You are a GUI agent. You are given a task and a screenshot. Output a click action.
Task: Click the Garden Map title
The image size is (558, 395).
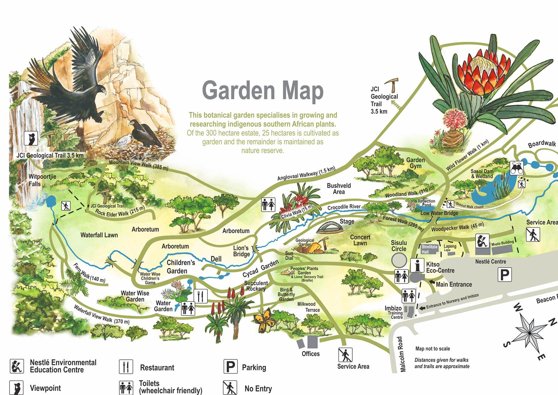pyautogui.click(x=263, y=90)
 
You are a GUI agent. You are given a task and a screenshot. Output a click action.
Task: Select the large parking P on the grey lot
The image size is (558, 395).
pyautogui.click(x=504, y=275)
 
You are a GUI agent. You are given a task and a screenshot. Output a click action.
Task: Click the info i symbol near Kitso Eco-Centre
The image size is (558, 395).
pyautogui.click(x=417, y=265)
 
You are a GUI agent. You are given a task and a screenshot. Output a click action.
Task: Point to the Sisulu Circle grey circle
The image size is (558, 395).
pyautogui.click(x=399, y=260)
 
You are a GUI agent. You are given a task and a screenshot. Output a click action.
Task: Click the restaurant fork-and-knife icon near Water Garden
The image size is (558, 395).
pyautogui.click(x=200, y=296)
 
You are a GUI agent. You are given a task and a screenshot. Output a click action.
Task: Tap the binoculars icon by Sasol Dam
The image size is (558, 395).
pyautogui.click(x=516, y=168)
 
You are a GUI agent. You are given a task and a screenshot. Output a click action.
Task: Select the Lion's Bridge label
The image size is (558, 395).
pyautogui.click(x=241, y=251)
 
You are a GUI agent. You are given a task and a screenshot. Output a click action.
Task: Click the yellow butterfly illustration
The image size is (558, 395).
pyautogui.click(x=263, y=317)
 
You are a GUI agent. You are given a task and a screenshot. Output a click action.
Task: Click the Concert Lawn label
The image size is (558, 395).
pyautogui.click(x=360, y=240)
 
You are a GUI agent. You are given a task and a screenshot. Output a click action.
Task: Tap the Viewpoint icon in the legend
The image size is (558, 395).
pyautogui.click(x=16, y=388)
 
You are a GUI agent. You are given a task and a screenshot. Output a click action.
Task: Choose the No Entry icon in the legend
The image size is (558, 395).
pyautogui.click(x=229, y=388)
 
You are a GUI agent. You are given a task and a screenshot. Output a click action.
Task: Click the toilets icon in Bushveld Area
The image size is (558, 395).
pyautogui.click(x=268, y=204)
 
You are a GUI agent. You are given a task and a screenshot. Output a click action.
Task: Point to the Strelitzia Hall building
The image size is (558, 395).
pyautogui.click(x=429, y=249)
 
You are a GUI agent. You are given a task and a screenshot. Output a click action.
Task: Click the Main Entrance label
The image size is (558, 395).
pyautogui.click(x=453, y=284)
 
